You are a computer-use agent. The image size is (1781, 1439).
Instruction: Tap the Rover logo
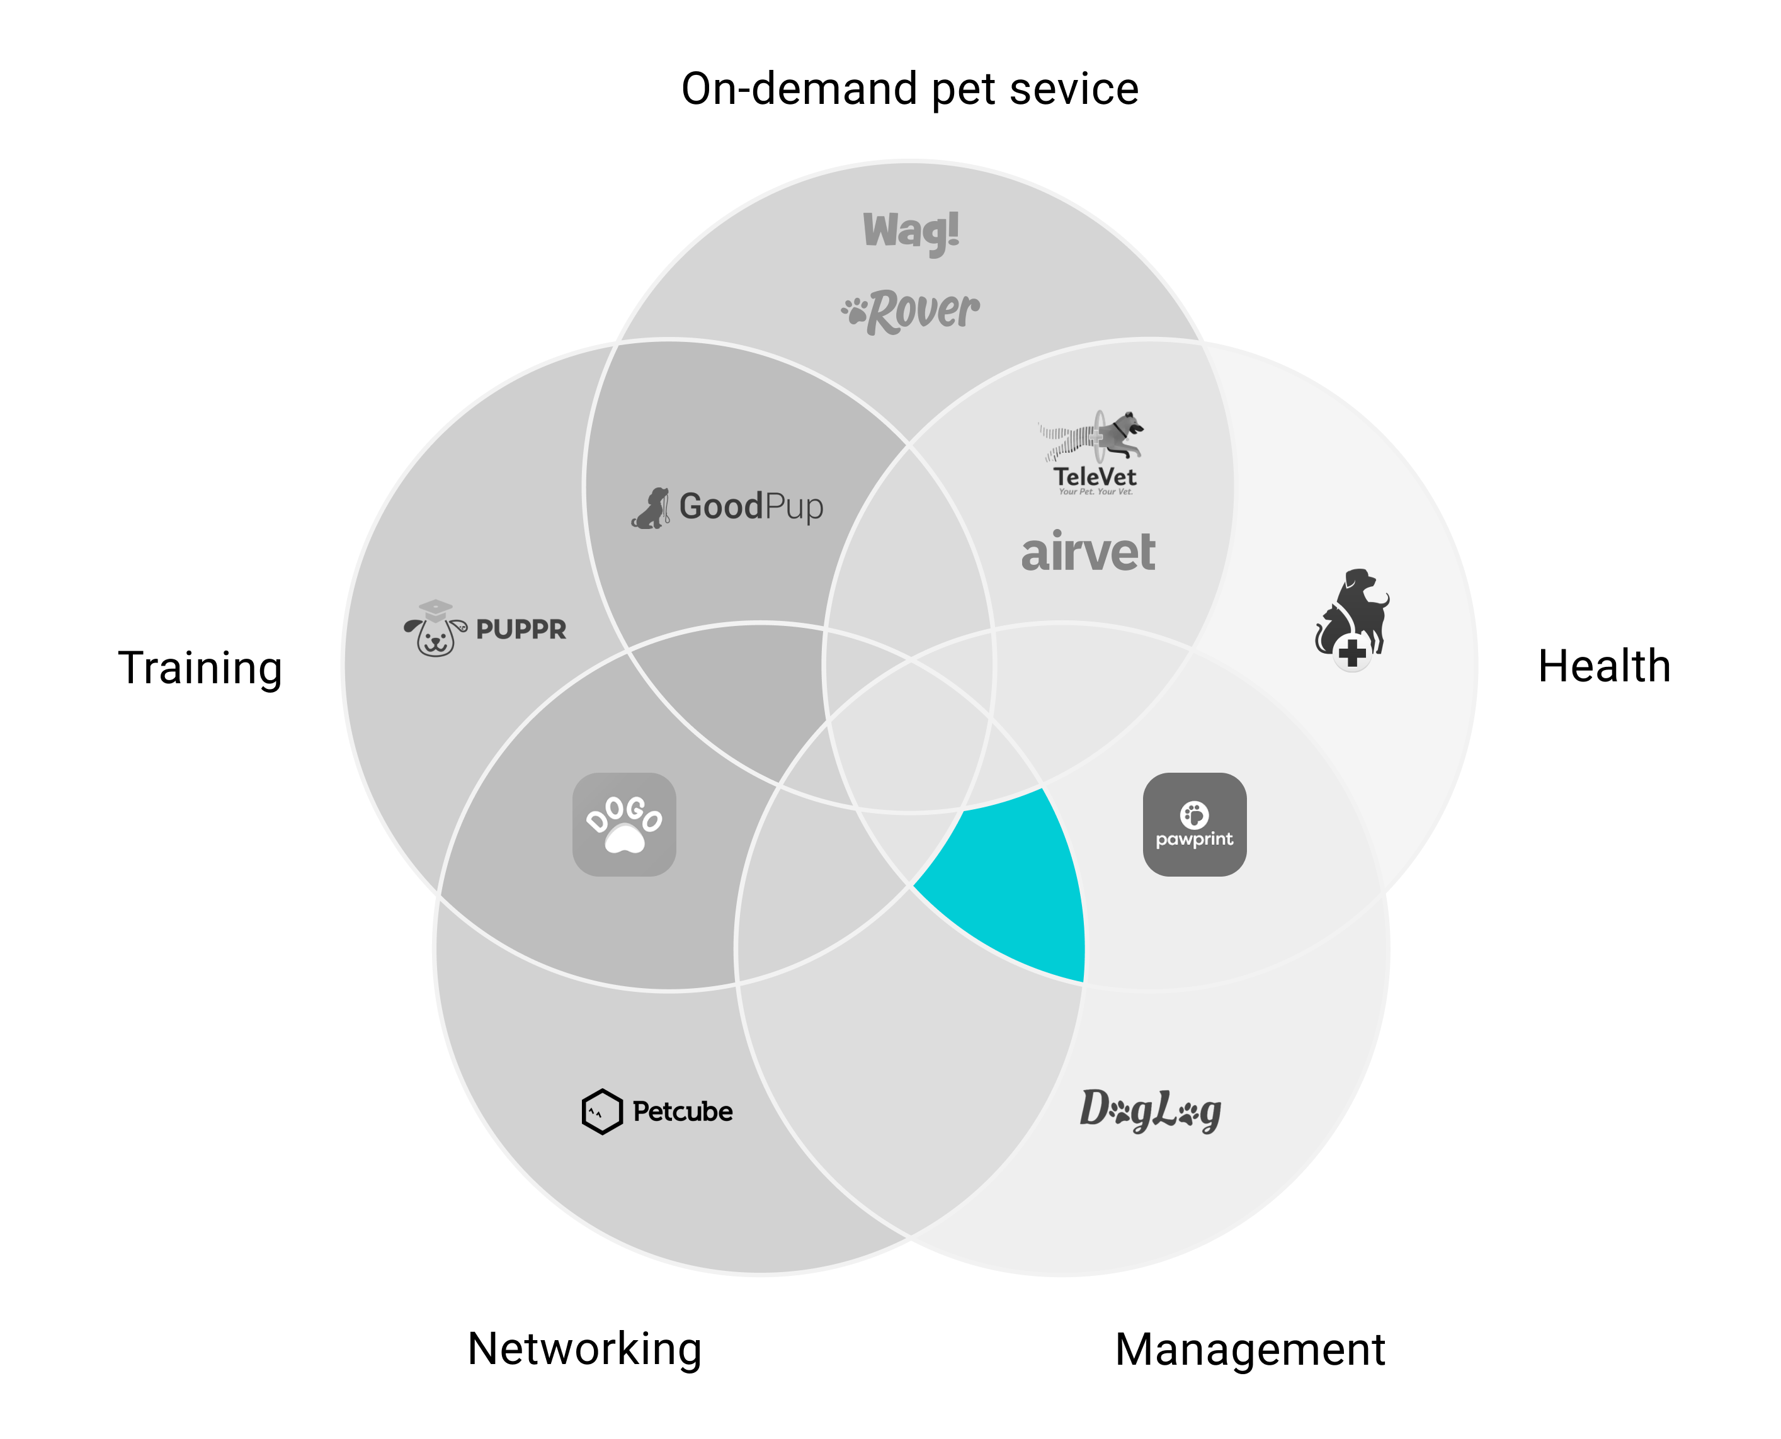[911, 312]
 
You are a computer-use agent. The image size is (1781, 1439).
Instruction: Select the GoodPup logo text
[750, 506]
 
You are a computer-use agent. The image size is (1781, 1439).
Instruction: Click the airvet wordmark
[1088, 553]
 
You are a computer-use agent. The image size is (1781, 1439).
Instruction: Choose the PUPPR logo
[486, 628]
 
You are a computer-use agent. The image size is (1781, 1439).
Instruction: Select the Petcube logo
[657, 1111]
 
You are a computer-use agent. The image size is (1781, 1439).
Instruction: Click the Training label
[200, 668]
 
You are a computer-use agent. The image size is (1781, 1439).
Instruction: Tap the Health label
[1603, 666]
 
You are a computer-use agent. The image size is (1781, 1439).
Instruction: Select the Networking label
[584, 1349]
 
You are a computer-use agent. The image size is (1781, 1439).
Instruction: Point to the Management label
[1249, 1350]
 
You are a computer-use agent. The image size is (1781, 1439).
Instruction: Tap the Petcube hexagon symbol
[601, 1111]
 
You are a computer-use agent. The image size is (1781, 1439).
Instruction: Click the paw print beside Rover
[855, 312]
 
